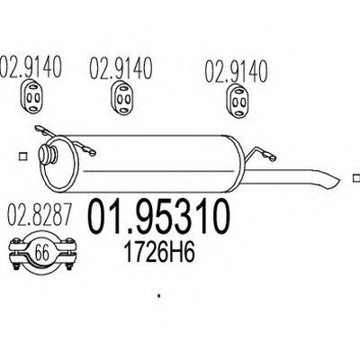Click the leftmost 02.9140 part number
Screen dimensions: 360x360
tap(31, 66)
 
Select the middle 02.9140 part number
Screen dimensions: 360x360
tap(121, 67)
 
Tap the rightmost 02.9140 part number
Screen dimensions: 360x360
tap(236, 71)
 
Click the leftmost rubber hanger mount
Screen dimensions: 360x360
tap(31, 96)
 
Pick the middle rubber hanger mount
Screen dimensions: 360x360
tap(121, 97)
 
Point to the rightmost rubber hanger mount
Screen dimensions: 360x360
tap(237, 100)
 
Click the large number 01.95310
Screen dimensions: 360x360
tap(159, 217)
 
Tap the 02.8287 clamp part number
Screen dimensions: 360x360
tap(40, 215)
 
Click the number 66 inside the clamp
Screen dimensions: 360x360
tap(42, 253)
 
